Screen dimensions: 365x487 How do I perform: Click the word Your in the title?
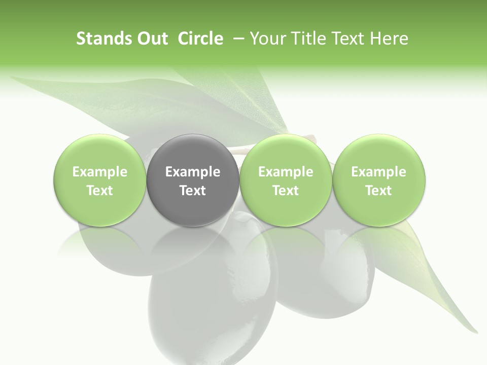coord(267,39)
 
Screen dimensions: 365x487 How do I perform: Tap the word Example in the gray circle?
coord(193,172)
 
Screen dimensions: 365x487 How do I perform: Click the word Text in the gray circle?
coord(193,191)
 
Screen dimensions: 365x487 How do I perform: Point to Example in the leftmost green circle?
coord(100,172)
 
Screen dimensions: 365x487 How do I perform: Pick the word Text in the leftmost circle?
coord(100,191)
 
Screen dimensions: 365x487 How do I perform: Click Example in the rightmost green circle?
coord(378,172)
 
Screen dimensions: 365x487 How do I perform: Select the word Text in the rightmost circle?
coord(378,191)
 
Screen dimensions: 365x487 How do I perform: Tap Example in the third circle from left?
coord(286,172)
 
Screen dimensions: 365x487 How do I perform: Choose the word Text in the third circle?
coord(286,191)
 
